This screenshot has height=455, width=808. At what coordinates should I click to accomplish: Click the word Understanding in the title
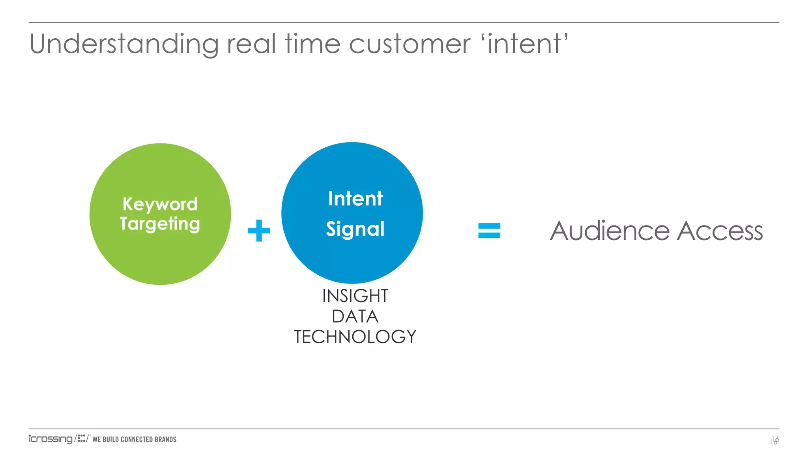coord(124,44)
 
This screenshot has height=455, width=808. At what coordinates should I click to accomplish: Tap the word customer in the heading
coord(410,44)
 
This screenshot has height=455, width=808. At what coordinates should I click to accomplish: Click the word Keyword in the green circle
coord(160,205)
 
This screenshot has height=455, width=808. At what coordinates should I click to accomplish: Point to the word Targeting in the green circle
coord(160,224)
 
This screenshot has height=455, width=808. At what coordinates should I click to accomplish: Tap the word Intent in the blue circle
coord(355,198)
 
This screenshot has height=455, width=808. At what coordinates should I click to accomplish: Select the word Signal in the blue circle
coord(355,229)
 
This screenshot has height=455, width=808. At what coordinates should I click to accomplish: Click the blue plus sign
coord(259,231)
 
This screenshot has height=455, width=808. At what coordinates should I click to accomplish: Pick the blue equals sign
coord(489,231)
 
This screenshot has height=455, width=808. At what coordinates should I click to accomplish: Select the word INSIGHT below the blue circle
coord(355,296)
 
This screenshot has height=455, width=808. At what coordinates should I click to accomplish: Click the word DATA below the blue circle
coord(355,316)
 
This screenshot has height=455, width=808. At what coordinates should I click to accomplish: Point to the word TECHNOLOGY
coord(355,337)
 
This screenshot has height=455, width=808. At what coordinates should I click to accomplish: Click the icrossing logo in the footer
coord(50,439)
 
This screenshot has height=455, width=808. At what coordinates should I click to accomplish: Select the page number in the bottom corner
coord(774,440)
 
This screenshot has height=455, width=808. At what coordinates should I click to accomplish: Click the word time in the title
coord(312,44)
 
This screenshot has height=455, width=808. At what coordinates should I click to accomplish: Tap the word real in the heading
coord(251,44)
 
